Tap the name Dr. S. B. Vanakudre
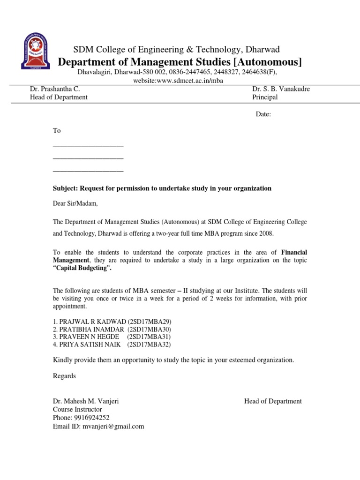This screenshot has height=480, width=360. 281,89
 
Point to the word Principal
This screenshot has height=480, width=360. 265,97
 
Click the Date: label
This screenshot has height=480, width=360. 263,114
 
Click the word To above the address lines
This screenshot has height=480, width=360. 57,131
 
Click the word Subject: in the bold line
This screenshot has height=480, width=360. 65,188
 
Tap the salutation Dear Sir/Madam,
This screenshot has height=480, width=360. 75,203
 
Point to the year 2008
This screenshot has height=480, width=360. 264,233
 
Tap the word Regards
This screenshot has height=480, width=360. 64,376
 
